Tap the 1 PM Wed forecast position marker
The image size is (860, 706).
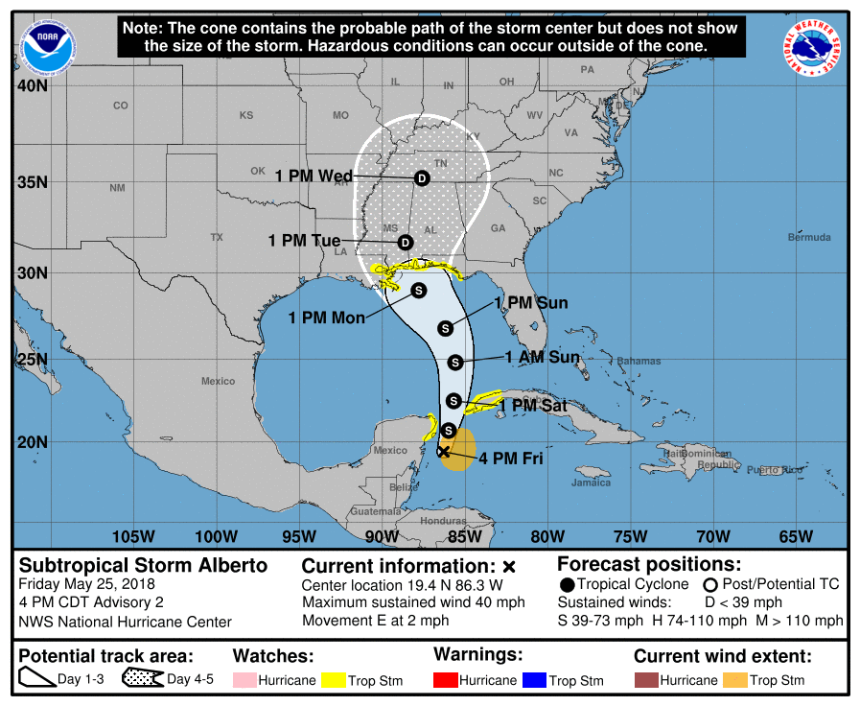420,178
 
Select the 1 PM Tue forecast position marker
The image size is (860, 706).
405,242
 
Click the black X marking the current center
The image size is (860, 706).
443,451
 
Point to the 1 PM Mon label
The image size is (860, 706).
327,318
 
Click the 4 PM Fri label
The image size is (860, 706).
511,459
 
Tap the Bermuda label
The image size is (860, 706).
809,237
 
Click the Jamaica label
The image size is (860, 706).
591,482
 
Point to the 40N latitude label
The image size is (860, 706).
32,86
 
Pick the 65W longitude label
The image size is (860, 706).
796,535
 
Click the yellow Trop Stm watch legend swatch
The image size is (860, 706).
332,680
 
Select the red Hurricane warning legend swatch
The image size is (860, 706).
446,680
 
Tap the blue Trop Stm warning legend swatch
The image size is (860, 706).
533,680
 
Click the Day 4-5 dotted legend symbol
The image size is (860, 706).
144,679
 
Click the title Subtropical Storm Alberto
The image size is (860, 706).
144,565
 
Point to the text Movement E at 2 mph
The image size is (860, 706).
375,621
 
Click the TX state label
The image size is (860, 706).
217,237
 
